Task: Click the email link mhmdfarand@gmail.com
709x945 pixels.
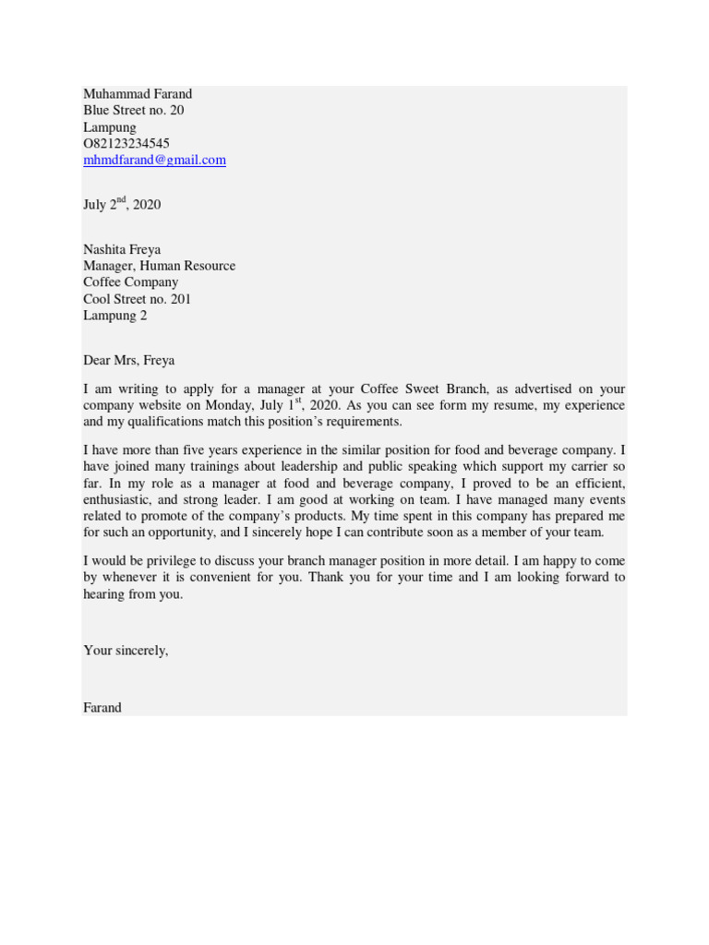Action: (154, 160)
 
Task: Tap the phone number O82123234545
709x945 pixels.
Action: (126, 143)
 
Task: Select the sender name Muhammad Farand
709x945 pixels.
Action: (138, 93)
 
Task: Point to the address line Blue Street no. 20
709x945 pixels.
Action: (133, 110)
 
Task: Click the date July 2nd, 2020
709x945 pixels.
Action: (122, 204)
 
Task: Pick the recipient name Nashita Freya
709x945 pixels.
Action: (122, 249)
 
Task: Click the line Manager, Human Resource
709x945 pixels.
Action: (159, 266)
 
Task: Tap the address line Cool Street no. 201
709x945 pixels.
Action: (138, 299)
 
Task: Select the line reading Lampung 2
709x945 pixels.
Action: (114, 316)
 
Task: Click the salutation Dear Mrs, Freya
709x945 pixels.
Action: (128, 360)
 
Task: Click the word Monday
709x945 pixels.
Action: (234, 405)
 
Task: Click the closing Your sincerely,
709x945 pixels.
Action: (126, 650)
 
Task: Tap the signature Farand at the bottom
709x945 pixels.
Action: (102, 707)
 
